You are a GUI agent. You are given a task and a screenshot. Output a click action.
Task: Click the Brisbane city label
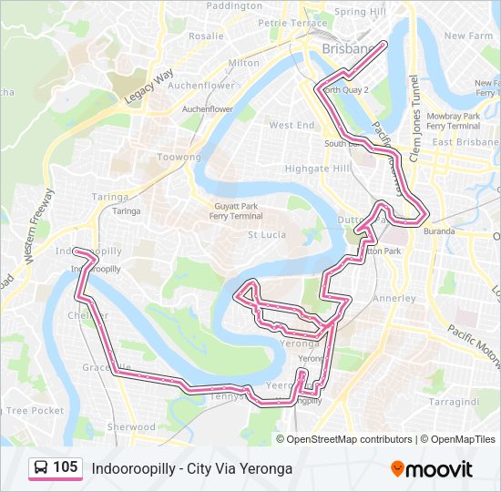pos(346,48)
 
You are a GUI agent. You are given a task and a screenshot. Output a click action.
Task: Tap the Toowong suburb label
pos(179,158)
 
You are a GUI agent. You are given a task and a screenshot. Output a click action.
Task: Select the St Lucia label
pos(267,234)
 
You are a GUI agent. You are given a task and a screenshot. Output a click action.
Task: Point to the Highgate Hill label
pos(318,169)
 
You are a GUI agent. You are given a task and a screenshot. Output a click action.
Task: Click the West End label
pos(291,125)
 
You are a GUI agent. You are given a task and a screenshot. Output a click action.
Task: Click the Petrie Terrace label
pos(292,23)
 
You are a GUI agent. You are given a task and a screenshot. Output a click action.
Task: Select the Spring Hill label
pos(361,12)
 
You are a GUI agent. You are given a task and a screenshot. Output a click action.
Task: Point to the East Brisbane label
pos(463,142)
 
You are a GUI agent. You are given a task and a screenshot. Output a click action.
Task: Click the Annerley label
pos(394,298)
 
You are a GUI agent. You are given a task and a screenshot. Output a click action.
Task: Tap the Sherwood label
pos(132,426)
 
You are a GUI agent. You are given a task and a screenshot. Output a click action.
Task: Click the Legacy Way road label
pos(149,90)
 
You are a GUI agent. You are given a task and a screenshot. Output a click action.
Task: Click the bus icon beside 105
pos(41,467)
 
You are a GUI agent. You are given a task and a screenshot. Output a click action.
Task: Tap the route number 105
pos(66,467)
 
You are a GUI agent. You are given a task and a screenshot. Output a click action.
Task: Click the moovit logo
pos(432,469)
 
